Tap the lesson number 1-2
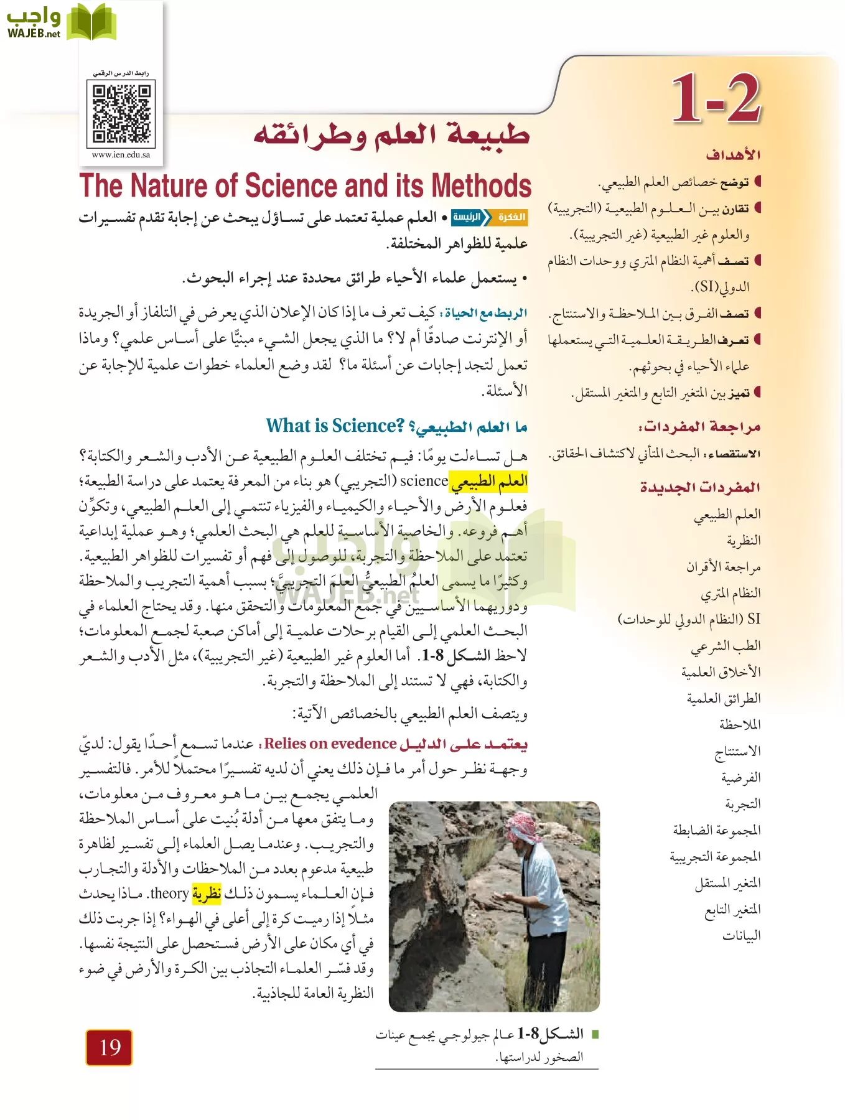pos(716,98)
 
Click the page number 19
pos(110,1047)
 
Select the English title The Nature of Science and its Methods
pos(305,185)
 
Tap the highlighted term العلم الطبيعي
pos(488,481)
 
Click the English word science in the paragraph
pos(424,481)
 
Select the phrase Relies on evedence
pos(330,744)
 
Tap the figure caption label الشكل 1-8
pos(551,1034)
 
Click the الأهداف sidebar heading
pos(733,154)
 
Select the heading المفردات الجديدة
pos(700,487)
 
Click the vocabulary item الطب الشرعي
pos(726,646)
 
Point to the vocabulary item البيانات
pos(741,936)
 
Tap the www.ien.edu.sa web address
pos(121,155)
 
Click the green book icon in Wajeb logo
pos(91,22)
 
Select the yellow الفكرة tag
pos(511,217)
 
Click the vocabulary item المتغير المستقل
pos(727,883)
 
